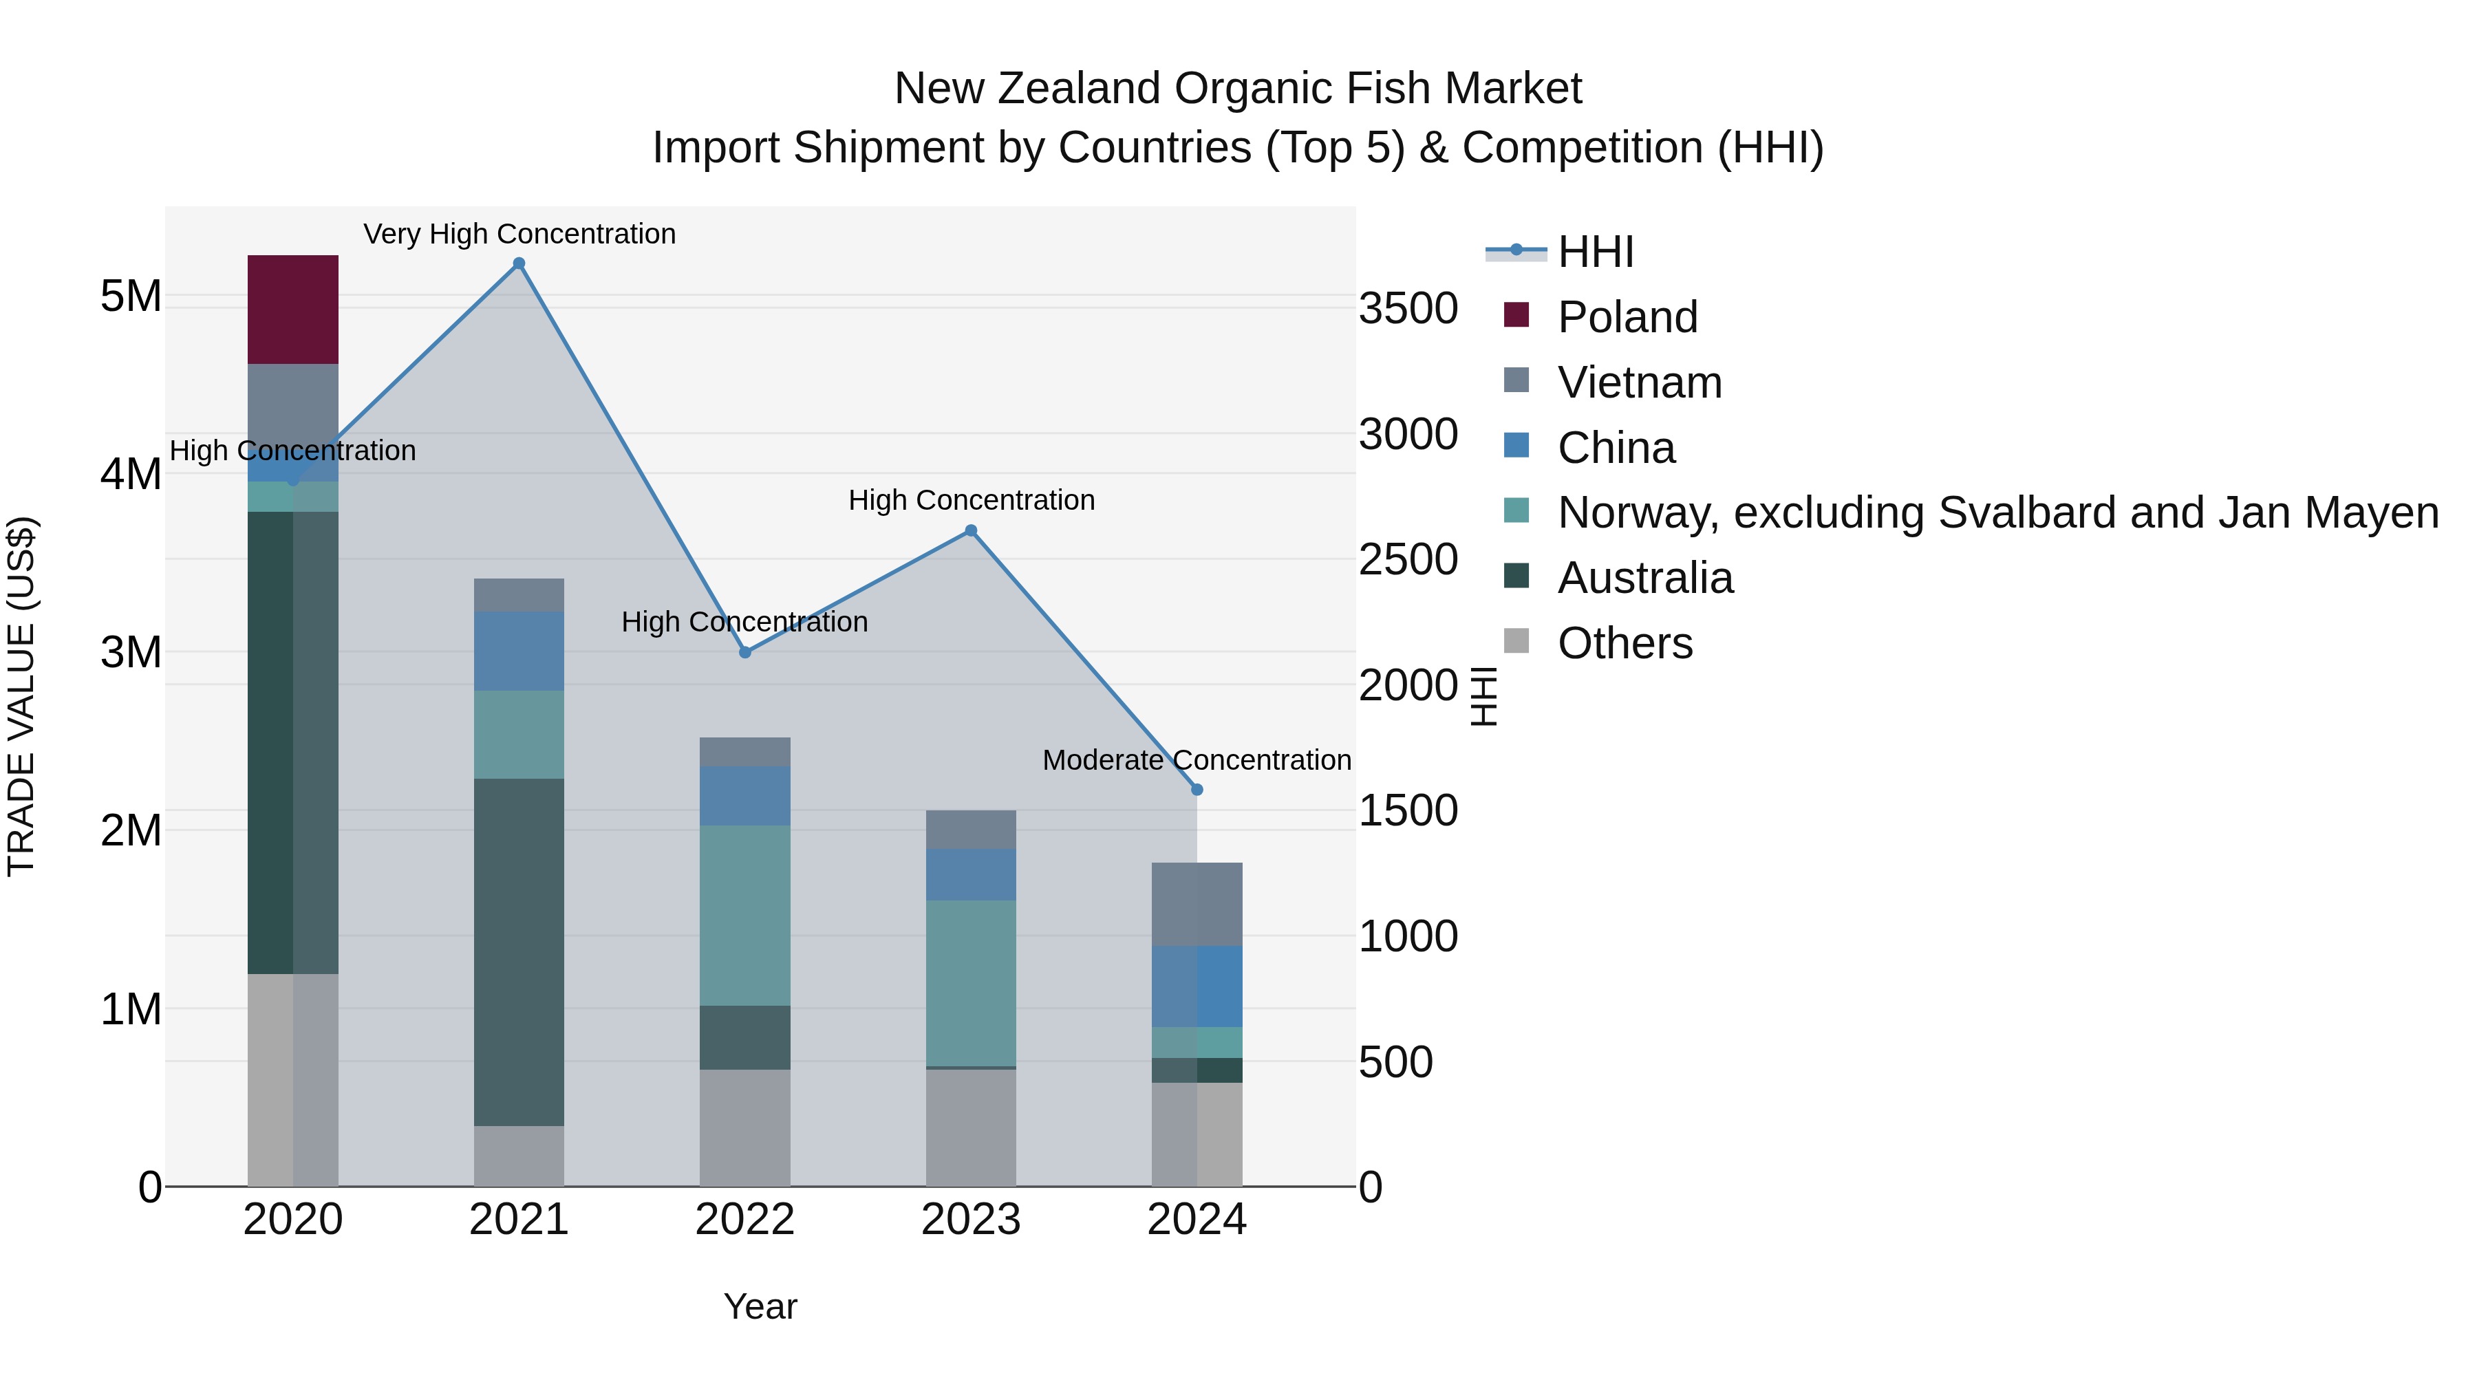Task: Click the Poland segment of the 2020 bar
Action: (292, 309)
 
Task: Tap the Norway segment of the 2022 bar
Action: (744, 915)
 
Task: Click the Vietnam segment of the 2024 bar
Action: (1197, 904)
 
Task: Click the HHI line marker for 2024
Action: (1197, 789)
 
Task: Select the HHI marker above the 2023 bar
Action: (970, 530)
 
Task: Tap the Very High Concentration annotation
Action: (519, 234)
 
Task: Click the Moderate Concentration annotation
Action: (1197, 759)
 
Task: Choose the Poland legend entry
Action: (1627, 316)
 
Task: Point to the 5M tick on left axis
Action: (131, 296)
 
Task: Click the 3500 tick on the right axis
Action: (1408, 309)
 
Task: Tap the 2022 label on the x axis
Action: (744, 1219)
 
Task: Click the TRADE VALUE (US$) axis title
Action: (21, 696)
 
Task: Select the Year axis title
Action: (760, 1306)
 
